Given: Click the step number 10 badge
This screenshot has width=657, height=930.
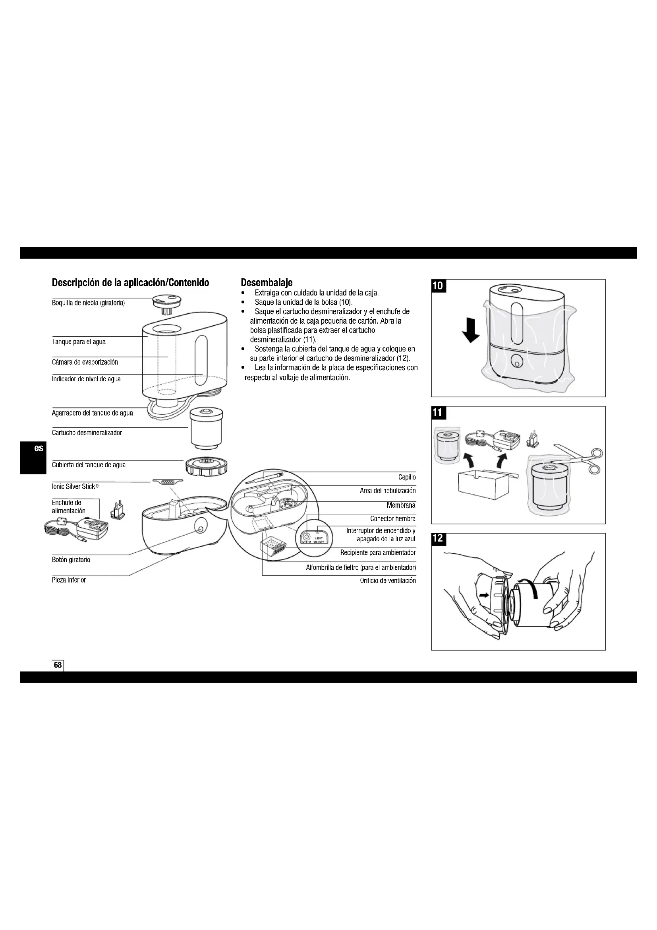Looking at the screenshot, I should click(x=438, y=286).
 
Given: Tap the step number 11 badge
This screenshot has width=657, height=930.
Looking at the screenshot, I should click(x=438, y=413).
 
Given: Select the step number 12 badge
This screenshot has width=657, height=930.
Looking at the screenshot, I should click(x=438, y=538).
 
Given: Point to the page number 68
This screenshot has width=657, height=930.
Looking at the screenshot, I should click(x=58, y=665).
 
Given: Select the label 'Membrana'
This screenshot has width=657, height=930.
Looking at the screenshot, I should click(x=400, y=505).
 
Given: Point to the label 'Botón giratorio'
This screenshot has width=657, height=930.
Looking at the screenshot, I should click(x=71, y=560).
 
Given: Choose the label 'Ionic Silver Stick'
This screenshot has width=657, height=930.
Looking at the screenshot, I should click(x=75, y=486).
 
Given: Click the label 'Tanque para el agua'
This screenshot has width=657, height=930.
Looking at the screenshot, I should click(x=79, y=342).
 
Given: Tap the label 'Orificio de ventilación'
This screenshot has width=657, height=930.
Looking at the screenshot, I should click(x=388, y=581).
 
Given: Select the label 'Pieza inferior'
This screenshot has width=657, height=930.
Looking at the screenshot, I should click(x=69, y=580).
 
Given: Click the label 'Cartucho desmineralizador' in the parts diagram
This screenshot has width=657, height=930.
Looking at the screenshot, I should click(x=87, y=433).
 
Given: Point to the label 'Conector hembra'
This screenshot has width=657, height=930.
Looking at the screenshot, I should click(x=392, y=518).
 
